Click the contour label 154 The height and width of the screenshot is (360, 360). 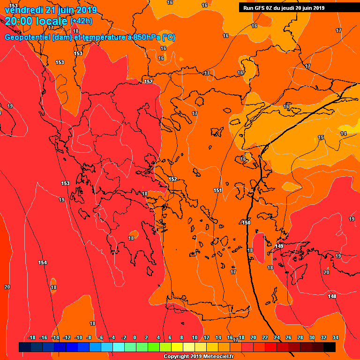(43, 262)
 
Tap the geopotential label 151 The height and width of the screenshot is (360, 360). (217, 190)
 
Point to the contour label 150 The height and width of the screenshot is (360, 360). (247, 223)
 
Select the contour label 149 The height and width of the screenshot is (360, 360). (279, 246)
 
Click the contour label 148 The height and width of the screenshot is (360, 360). (332, 296)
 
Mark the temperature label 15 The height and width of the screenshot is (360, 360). (321, 137)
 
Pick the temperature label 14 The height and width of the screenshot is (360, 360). (344, 134)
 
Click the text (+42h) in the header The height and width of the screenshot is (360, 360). (82, 21)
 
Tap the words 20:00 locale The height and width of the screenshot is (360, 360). (36, 21)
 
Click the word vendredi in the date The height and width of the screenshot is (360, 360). (24, 10)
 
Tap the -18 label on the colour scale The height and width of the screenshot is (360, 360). (32, 337)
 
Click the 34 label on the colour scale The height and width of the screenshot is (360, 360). (336, 337)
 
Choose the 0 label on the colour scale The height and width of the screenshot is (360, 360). (135, 337)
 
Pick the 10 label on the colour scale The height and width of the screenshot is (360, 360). (194, 337)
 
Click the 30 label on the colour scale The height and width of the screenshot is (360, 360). (312, 337)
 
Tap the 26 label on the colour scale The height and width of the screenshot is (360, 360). (288, 337)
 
